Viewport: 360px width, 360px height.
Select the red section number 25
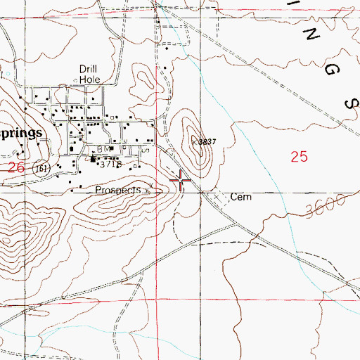click(299, 157)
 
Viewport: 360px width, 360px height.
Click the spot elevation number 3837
click(206, 141)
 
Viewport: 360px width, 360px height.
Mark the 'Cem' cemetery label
click(241, 198)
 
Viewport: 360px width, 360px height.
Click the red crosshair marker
click(181, 181)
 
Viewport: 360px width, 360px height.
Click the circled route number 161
click(41, 169)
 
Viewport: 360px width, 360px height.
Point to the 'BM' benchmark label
click(105, 150)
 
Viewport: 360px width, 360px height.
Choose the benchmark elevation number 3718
click(113, 165)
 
